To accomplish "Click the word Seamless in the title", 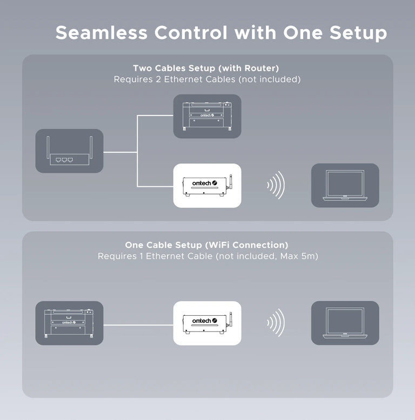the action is tap(102, 33).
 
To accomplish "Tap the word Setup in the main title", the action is tap(358, 34).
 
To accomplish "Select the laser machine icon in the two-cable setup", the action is tap(207, 116).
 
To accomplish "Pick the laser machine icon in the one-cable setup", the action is tap(69, 323).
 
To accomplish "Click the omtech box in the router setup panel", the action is tap(207, 186).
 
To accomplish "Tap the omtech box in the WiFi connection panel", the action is tap(207, 323).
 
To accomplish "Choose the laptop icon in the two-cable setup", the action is tap(345, 185).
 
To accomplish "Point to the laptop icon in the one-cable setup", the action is tap(345, 323).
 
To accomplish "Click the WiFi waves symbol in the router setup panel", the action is tap(276, 185).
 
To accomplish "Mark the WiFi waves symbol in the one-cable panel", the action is tap(276, 323).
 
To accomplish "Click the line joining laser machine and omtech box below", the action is tap(138, 325).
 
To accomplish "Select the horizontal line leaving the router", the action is tap(120, 152).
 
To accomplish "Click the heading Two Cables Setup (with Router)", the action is tap(206, 69).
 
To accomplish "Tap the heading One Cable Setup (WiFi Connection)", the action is tap(206, 245).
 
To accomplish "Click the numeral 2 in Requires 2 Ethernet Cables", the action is tap(158, 79).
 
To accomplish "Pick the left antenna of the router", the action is tap(48, 147).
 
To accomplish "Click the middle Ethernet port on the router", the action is tap(64, 160).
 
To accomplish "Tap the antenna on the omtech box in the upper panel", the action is tap(230, 182).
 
